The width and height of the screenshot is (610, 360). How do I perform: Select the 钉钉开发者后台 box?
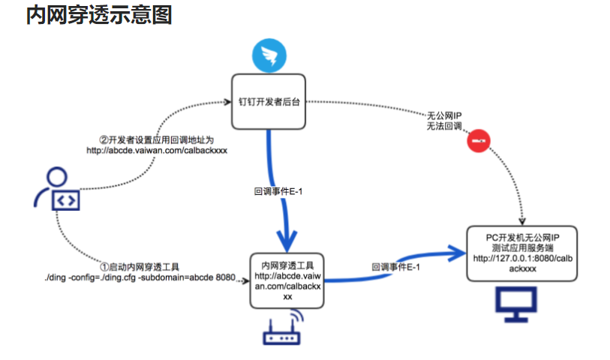[269, 100]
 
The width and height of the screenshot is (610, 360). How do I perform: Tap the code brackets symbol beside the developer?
[65, 200]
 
